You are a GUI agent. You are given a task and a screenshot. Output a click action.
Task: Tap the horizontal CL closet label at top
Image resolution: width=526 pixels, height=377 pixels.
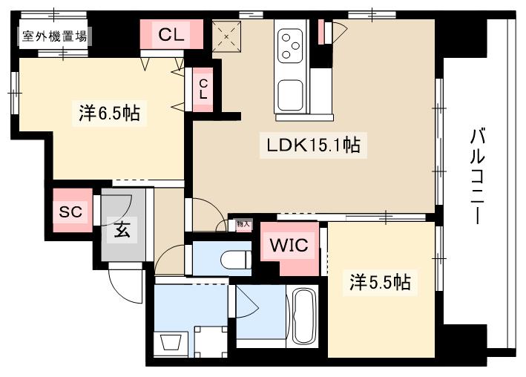point(171,33)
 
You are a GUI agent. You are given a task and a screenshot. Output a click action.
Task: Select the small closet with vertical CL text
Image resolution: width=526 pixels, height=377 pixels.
point(203,89)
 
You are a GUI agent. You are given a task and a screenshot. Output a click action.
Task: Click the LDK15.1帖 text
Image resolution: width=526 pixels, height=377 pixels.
point(313,145)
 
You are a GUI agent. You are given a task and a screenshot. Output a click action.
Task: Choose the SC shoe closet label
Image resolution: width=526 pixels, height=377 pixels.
point(70,212)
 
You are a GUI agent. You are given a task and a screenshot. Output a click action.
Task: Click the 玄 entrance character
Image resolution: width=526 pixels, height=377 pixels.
point(122,230)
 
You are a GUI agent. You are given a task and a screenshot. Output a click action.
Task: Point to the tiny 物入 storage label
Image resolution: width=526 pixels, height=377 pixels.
point(243,223)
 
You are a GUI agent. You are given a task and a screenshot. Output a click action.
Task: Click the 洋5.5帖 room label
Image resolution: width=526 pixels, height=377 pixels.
point(381,283)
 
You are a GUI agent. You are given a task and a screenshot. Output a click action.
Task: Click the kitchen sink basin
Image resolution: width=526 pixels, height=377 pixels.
point(291,96)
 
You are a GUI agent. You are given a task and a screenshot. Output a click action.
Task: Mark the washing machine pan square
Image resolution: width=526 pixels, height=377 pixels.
point(209,342)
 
